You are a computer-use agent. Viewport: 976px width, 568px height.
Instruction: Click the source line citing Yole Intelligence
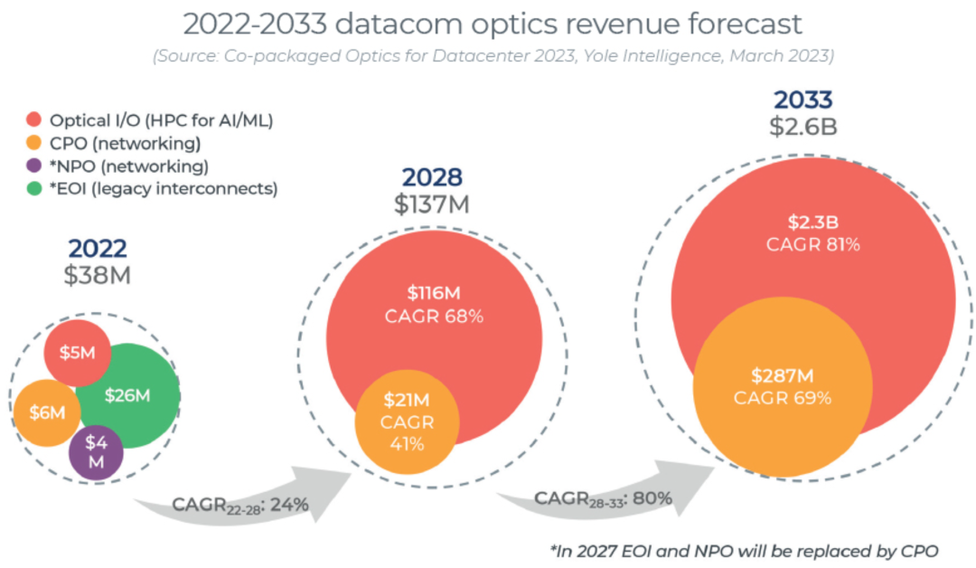tap(493, 56)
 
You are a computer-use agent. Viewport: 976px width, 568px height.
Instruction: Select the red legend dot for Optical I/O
tap(34, 120)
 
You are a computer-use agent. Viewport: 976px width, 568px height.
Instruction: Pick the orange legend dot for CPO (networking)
tap(34, 143)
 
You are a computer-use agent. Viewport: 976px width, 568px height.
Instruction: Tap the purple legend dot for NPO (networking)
tap(34, 166)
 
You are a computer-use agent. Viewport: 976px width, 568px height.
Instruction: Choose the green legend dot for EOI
tap(34, 188)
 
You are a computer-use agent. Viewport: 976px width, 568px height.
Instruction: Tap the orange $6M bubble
tap(46, 413)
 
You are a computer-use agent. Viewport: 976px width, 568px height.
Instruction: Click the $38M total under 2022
tap(97, 277)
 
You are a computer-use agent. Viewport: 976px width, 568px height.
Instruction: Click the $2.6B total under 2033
tap(803, 127)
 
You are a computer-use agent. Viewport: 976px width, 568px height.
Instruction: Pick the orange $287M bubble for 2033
tap(783, 386)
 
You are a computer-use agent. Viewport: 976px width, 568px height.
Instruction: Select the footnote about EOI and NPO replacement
tap(744, 548)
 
